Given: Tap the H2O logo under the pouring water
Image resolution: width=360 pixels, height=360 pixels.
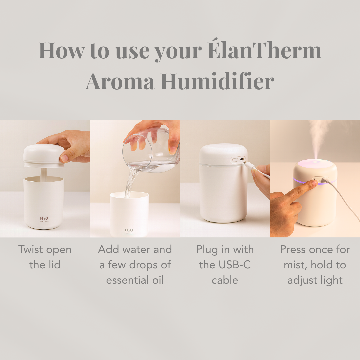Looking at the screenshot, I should click(129, 230).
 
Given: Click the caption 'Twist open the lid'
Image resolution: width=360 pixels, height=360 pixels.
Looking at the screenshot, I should click(45, 257).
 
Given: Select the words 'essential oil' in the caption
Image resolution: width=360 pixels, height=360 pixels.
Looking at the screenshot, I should click(135, 280).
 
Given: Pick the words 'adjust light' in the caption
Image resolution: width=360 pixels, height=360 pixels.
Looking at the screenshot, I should click(315, 280).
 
